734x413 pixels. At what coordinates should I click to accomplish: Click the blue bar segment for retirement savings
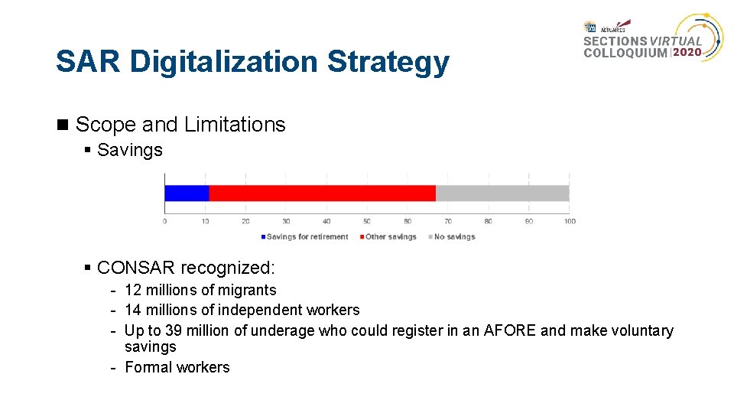pos(187,193)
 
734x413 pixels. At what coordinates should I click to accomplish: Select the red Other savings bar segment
pos(322,193)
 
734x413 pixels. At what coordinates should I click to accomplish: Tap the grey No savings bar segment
pos(502,193)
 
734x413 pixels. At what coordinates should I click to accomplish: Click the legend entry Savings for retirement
pos(307,237)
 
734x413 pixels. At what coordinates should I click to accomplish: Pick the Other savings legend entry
pos(390,237)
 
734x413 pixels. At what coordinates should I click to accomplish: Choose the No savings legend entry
pos(454,237)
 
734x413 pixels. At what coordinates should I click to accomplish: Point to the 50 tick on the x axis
pos(367,221)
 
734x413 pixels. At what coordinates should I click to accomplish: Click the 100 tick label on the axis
pos(570,221)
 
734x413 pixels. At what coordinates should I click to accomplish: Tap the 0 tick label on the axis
pos(164,221)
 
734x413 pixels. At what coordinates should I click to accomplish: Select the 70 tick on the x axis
pos(448,221)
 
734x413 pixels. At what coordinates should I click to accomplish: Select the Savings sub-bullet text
pos(130,150)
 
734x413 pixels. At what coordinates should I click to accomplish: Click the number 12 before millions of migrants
pos(133,290)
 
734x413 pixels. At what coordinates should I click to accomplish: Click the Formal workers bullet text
pos(177,367)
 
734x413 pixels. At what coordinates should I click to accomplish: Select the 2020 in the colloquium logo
pos(687,53)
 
